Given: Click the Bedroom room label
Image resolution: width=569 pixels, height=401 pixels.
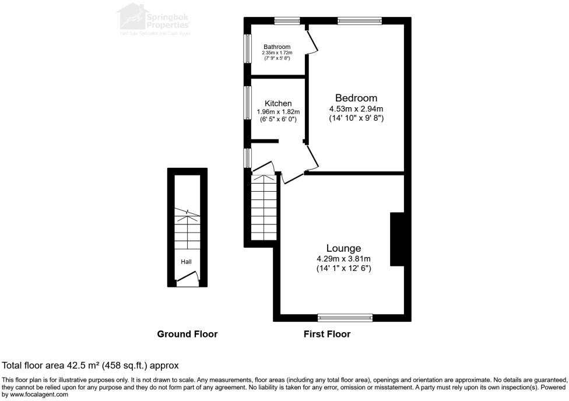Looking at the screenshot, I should click(356, 98).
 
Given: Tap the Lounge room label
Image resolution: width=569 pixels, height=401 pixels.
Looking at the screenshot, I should click(343, 248).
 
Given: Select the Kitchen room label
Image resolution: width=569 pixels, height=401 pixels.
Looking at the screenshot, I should click(278, 103).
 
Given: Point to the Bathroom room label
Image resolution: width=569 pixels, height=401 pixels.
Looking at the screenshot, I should click(276, 47).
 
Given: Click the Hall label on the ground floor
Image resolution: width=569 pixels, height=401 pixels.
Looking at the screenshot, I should click(186, 262).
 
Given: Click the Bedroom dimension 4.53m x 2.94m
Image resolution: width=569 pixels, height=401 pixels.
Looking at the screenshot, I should click(356, 108).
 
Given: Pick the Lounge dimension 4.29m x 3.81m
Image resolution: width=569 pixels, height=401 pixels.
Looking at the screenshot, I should click(343, 259).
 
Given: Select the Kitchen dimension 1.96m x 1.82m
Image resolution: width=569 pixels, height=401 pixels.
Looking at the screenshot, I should click(278, 112).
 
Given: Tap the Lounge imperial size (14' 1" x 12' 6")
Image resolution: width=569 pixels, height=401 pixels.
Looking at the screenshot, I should click(343, 268).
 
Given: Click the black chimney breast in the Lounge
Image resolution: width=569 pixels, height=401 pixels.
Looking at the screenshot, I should click(397, 239).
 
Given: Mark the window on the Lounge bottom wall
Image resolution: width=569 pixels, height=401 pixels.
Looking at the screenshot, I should click(345, 318).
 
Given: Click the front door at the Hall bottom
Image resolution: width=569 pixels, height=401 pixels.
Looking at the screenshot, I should click(187, 283).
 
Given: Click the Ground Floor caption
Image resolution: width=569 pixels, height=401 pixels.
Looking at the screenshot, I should click(187, 334).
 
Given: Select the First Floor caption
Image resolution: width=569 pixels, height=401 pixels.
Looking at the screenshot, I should click(326, 334).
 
